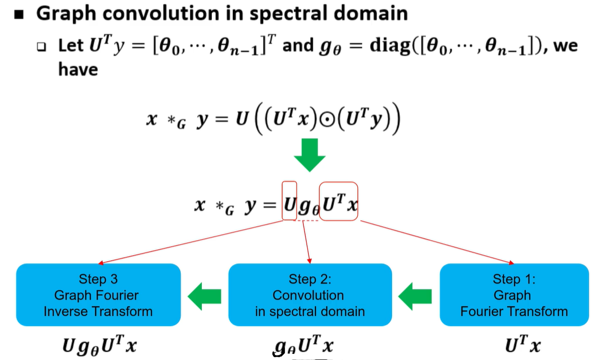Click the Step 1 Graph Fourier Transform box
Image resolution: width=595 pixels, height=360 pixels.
click(513, 295)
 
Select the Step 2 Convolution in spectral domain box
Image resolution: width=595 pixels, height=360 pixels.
click(309, 295)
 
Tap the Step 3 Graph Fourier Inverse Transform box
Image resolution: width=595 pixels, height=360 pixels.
click(98, 295)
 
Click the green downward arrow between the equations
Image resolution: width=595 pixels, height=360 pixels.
click(309, 155)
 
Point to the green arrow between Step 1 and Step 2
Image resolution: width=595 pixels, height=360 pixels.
click(415, 296)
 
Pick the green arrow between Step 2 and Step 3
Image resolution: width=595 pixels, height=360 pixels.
click(204, 296)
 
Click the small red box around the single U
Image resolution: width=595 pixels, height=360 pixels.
click(289, 200)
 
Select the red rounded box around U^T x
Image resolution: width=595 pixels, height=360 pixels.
click(339, 201)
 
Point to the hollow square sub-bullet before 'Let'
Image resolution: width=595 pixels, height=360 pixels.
click(42, 47)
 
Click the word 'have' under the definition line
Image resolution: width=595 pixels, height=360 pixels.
click(78, 70)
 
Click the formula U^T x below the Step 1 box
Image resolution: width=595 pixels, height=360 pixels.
click(522, 346)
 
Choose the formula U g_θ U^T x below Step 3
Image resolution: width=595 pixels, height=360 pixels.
click(100, 346)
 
